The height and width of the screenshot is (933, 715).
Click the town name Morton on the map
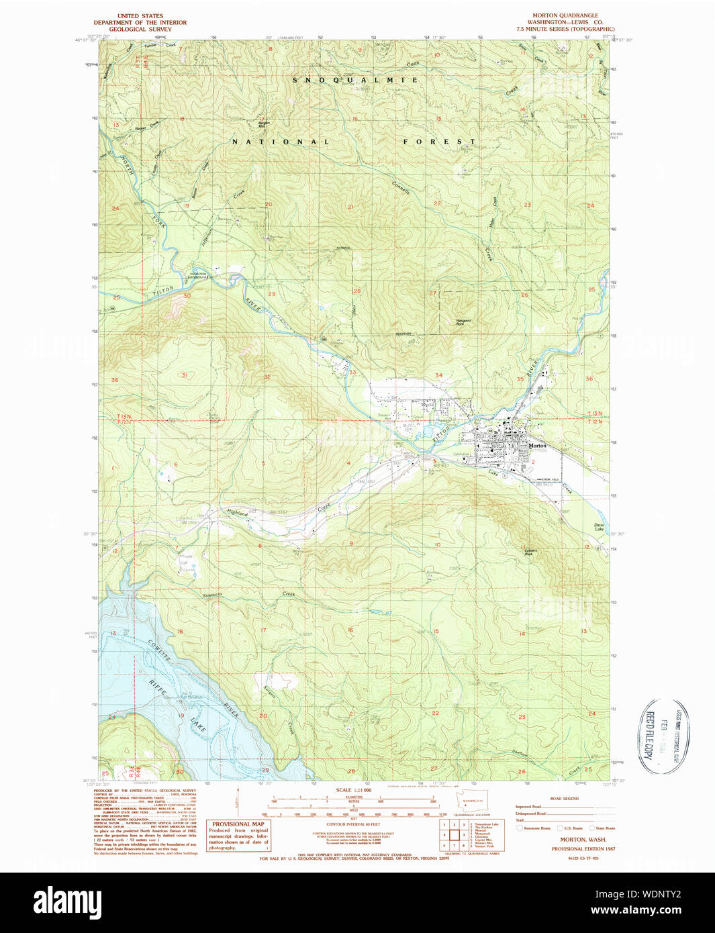[537, 446]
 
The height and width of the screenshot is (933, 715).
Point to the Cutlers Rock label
[530, 552]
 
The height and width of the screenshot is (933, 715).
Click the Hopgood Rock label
[463, 322]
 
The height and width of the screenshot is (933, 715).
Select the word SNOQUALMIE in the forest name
[356, 80]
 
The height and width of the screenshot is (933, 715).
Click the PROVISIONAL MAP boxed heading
[238, 824]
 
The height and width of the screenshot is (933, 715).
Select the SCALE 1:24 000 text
[353, 790]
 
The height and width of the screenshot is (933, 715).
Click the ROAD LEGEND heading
[564, 799]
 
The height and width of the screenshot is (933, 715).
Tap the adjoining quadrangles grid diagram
[454, 835]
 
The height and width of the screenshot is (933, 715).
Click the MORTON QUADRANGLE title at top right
[565, 15]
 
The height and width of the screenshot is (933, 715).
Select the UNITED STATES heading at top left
[140, 15]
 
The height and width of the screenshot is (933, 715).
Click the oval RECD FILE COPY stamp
[661, 736]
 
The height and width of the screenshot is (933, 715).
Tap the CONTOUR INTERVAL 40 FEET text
[352, 824]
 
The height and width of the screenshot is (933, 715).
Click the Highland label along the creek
[237, 513]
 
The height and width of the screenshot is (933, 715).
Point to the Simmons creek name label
[212, 595]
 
